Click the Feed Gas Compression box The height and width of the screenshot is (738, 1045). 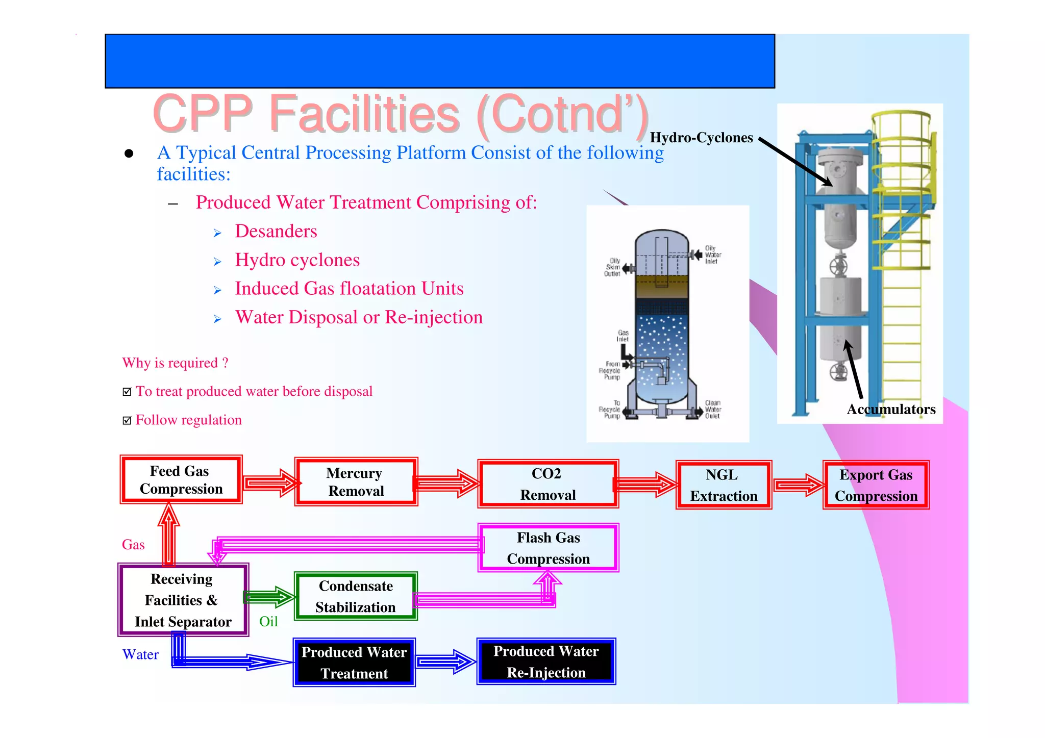(x=181, y=480)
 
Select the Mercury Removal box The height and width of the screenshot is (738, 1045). (x=356, y=482)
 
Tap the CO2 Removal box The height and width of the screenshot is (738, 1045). (x=548, y=484)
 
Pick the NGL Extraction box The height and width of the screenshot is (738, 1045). (x=723, y=485)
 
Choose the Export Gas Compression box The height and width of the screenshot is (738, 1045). (x=876, y=485)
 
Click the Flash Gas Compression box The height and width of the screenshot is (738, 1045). (x=548, y=548)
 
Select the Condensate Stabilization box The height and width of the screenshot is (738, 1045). (x=356, y=596)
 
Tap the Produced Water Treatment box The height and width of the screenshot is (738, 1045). (x=354, y=663)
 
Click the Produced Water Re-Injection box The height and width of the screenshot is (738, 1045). (x=546, y=661)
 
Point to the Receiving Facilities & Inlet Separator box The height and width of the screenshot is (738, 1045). (x=183, y=600)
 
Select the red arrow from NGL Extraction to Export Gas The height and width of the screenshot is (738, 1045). (x=798, y=485)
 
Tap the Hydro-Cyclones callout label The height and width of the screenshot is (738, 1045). (x=701, y=138)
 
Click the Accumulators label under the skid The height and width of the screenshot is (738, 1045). (x=891, y=409)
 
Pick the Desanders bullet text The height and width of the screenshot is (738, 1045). (x=276, y=232)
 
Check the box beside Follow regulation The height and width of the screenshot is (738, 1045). (x=127, y=420)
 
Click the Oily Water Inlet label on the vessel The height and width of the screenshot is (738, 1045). (x=712, y=255)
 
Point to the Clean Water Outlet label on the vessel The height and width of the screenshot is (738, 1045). (x=712, y=409)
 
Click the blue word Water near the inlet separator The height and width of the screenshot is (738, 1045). (x=140, y=654)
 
